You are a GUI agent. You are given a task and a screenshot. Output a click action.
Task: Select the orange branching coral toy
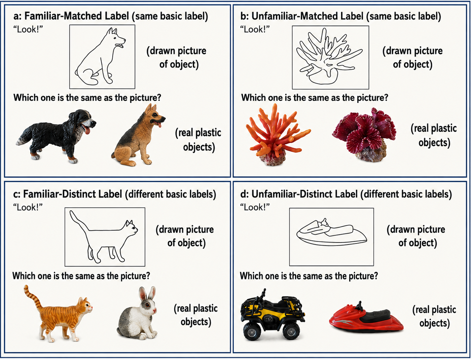tap(277, 135)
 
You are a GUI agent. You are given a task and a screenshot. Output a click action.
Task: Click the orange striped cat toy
tap(60, 315)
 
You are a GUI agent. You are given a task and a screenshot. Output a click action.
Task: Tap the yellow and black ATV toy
tap(273, 315)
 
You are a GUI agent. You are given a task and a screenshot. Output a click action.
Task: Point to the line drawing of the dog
tap(100, 56)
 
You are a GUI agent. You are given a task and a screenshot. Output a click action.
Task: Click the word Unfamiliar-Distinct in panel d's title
tap(304, 194)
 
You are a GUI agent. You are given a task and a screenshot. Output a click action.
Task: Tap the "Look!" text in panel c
tap(28, 207)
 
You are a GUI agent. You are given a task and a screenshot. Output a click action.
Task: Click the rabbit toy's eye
tap(147, 305)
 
